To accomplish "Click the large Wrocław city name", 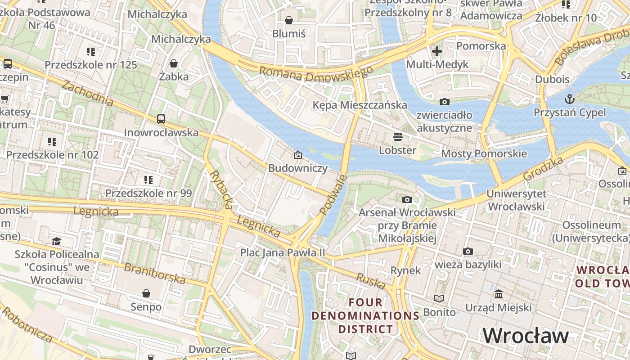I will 526,336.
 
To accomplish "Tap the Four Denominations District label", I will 365,315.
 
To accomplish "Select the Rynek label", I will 405,270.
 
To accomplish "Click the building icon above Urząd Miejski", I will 499,294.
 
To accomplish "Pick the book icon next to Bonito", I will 439,299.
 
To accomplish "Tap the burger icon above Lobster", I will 397,136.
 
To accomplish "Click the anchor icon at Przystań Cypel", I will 570,99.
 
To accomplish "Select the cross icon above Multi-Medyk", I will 436,51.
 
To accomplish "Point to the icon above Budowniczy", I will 297,155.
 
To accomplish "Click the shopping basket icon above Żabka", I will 174,63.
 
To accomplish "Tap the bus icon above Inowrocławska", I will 161,119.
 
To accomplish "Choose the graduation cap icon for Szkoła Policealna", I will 56,242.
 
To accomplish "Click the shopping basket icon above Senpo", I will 146,293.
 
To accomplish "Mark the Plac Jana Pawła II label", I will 282,252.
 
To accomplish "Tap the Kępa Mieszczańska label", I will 360,105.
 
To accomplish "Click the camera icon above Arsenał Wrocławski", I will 407,199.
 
